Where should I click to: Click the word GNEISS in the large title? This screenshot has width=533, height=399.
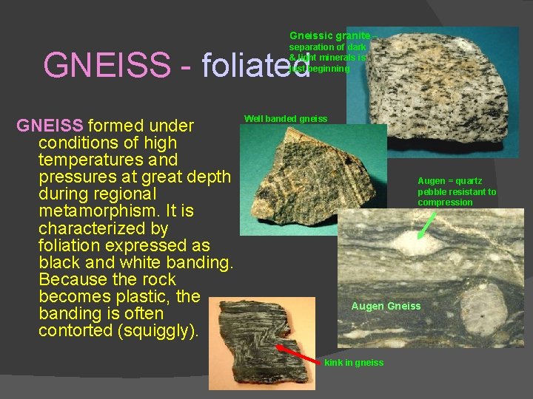[107, 65]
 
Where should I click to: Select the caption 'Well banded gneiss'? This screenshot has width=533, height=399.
[285, 119]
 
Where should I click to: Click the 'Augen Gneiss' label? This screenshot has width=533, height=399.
[386, 306]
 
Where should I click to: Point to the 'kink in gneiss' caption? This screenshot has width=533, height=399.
[354, 363]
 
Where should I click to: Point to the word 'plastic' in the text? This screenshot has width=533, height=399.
[177, 297]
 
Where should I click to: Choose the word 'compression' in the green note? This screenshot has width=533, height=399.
[445, 202]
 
